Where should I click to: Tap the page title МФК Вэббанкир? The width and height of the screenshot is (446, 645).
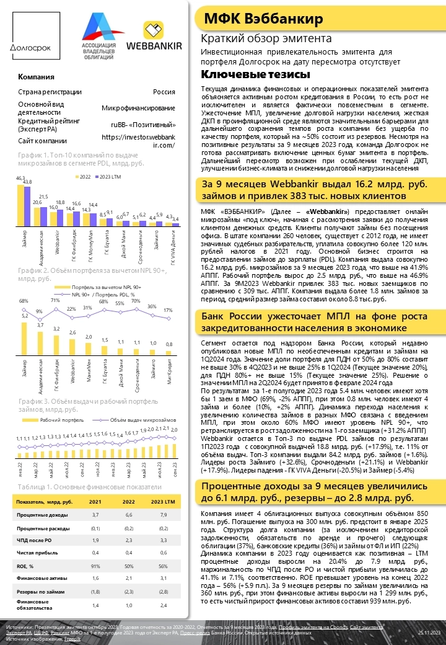265,19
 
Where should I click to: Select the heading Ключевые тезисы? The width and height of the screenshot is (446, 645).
255,74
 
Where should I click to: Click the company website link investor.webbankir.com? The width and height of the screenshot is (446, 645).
138,141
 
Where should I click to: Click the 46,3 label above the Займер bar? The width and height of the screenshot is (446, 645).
20,178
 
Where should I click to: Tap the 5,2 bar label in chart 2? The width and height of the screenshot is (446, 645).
24,316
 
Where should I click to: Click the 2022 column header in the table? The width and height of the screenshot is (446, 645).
128,501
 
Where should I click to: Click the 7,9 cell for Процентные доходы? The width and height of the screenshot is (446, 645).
164,514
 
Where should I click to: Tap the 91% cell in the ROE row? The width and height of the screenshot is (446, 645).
95,566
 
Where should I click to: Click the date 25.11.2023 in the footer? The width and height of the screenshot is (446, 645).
429,631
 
